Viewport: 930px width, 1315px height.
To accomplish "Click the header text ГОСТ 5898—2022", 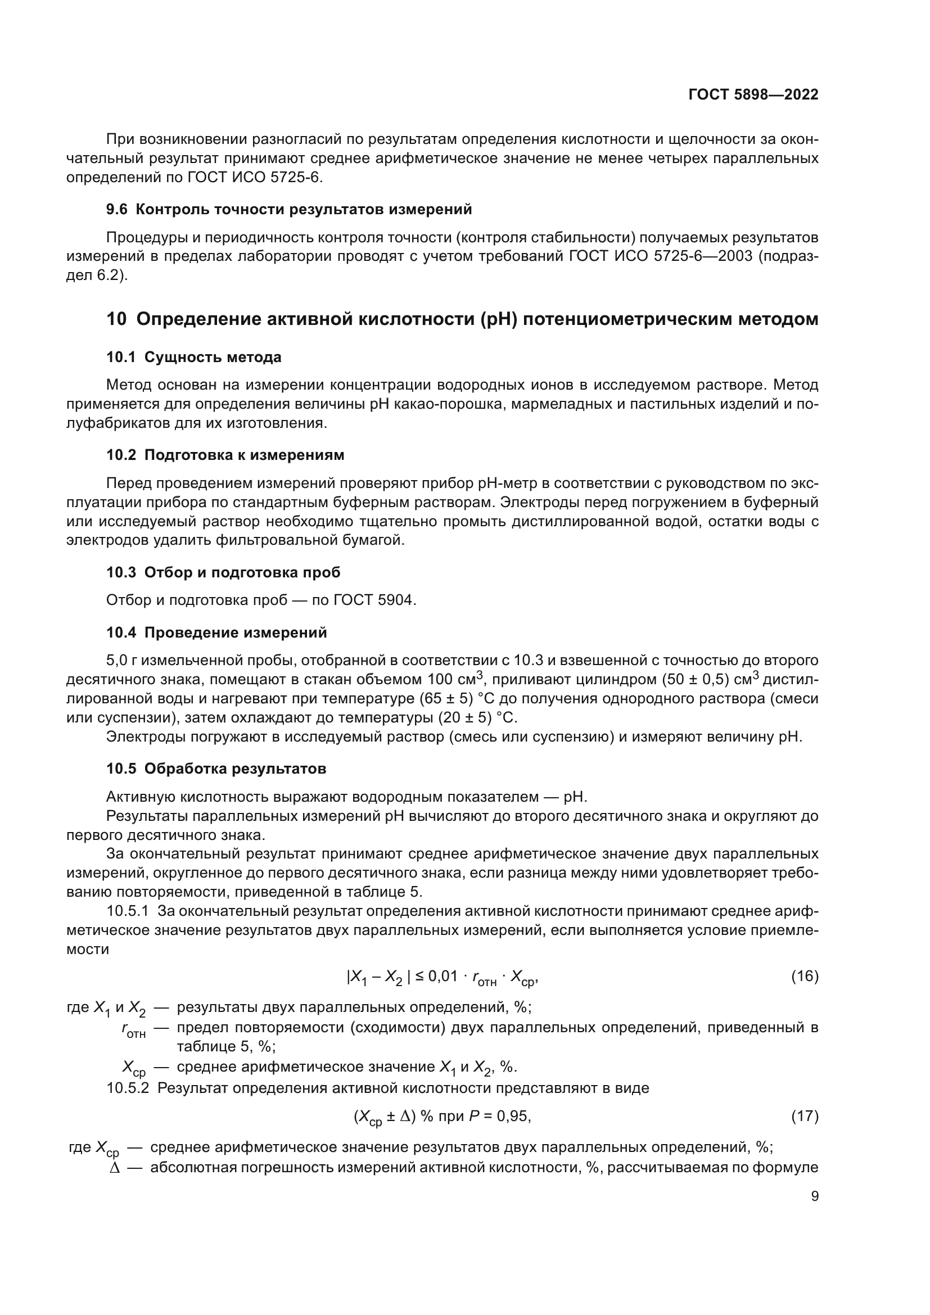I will (753, 94).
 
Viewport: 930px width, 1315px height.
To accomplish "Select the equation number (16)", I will (805, 977).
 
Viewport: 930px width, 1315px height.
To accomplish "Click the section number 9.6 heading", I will (117, 210).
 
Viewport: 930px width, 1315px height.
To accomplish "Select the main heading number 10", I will (116, 319).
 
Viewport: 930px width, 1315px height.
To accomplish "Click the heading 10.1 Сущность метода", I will (193, 358).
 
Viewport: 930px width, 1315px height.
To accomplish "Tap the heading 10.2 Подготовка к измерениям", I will (225, 455).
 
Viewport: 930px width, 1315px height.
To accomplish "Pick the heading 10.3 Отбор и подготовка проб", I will (223, 573).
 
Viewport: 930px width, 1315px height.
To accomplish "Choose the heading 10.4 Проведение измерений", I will (216, 633).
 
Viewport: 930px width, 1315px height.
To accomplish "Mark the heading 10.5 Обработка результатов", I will (216, 769).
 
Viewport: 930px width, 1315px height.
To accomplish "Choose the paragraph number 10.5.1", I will (128, 911).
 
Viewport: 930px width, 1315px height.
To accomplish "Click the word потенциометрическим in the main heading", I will (627, 319).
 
